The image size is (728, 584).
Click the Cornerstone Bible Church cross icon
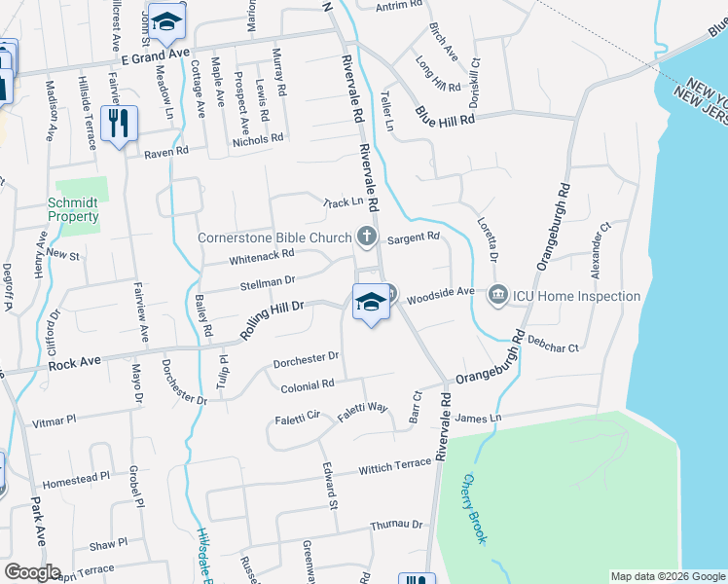[x=366, y=235]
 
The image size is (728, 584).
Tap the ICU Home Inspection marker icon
[x=498, y=293]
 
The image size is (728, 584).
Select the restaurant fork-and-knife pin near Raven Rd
[x=120, y=124]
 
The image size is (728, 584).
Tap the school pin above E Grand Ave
[x=167, y=24]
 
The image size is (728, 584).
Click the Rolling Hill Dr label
[x=273, y=319]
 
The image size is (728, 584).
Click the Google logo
[x=32, y=572]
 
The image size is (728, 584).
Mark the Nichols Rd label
[x=257, y=140]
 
